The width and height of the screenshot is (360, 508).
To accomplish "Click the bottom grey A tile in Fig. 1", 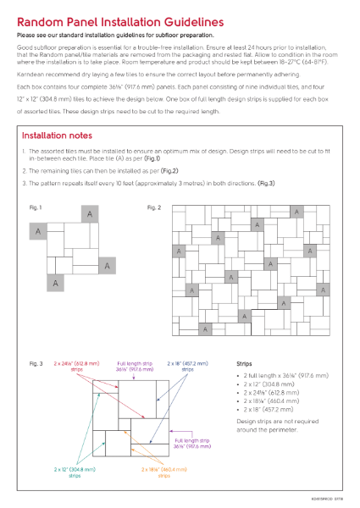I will click(x=55, y=282).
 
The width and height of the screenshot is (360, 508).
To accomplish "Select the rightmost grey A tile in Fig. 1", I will click(x=107, y=266).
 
